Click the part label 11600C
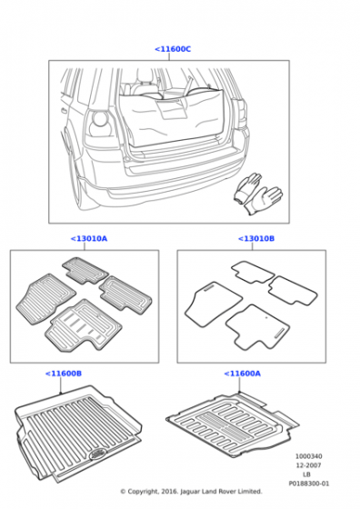click(x=173, y=49)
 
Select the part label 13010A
click(x=89, y=238)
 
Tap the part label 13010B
click(x=256, y=238)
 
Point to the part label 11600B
click(x=64, y=374)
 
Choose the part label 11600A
click(x=243, y=374)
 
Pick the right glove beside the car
click(x=264, y=200)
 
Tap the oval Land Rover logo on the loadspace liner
click(x=97, y=454)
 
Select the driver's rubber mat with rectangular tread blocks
click(x=83, y=326)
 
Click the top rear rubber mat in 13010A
click(x=85, y=271)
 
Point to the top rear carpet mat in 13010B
click(x=253, y=272)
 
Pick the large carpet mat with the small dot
click(x=257, y=326)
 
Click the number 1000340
click(x=309, y=456)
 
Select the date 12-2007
click(x=309, y=465)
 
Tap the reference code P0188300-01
click(x=309, y=484)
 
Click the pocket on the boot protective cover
click(x=171, y=109)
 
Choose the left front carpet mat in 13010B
click(x=213, y=304)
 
